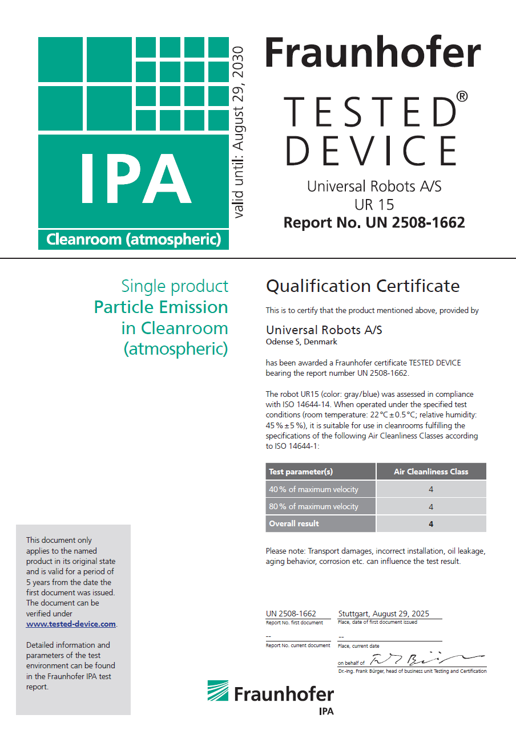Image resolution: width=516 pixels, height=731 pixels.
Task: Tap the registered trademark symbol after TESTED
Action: tap(462, 97)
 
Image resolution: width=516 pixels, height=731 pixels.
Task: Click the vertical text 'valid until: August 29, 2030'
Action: tap(238, 132)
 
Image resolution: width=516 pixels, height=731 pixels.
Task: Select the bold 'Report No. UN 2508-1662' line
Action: tap(374, 222)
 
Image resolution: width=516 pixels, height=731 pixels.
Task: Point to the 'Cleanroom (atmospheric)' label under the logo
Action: tap(134, 239)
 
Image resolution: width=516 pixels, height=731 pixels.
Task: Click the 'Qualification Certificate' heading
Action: tap(362, 286)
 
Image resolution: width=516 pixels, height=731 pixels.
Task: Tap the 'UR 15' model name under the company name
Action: tap(374, 204)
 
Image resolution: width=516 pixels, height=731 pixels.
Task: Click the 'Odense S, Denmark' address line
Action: tap(301, 342)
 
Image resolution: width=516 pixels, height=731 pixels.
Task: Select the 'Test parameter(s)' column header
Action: tap(301, 472)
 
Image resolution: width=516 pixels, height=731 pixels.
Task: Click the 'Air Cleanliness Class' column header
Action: tap(431, 472)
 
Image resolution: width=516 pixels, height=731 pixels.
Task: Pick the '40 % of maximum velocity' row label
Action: tap(313, 489)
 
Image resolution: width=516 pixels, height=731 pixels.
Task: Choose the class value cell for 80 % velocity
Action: tap(431, 507)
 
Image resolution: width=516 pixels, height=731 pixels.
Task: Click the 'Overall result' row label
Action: tap(294, 523)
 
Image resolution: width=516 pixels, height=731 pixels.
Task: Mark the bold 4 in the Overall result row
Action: tap(431, 524)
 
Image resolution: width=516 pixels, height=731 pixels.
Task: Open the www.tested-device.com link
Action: tap(71, 624)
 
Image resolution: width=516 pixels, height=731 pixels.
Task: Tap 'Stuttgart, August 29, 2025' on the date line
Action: tap(384, 614)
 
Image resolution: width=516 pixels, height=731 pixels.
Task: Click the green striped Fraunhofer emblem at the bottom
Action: tap(217, 692)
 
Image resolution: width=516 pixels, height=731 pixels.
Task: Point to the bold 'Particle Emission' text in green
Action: tap(161, 307)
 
